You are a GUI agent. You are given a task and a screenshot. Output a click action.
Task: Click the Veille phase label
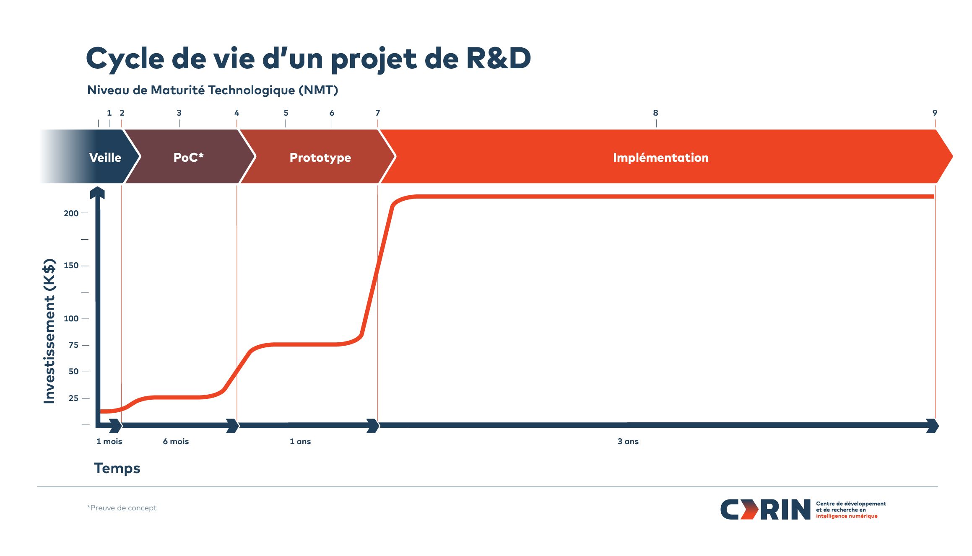105,158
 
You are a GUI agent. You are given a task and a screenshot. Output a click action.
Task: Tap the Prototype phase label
320,158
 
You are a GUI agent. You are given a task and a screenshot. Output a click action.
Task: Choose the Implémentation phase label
661,158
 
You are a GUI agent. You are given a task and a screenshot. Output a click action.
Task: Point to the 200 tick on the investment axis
85,213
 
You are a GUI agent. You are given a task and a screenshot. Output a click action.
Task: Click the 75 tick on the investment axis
86,345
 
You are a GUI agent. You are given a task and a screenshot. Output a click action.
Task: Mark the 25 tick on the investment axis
86,398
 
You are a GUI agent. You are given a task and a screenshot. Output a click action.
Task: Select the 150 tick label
71,265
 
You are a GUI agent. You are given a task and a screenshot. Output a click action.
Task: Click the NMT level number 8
656,113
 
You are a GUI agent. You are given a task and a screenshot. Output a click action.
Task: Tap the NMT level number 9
935,113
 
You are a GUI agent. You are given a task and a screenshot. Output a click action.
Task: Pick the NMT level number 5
286,113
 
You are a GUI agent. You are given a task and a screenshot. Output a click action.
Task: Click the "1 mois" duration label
109,441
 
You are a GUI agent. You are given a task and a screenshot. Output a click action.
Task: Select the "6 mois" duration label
176,441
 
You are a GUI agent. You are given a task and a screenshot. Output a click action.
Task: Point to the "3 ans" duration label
628,441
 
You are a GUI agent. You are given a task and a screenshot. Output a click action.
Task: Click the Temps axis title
117,468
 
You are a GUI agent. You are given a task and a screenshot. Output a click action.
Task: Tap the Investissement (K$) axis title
49,331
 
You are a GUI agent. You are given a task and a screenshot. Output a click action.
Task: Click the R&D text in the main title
499,58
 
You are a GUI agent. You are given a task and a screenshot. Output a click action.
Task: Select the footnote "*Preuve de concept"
122,508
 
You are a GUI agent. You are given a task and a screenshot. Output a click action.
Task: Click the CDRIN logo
803,509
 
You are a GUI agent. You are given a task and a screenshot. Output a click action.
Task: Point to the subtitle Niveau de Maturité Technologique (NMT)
213,90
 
